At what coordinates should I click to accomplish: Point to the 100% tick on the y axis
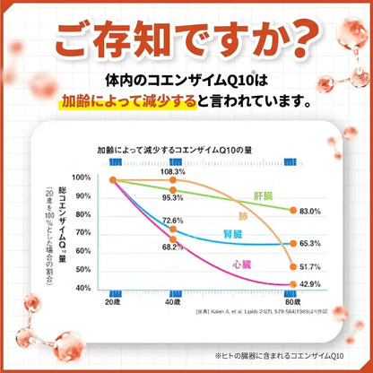82,179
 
